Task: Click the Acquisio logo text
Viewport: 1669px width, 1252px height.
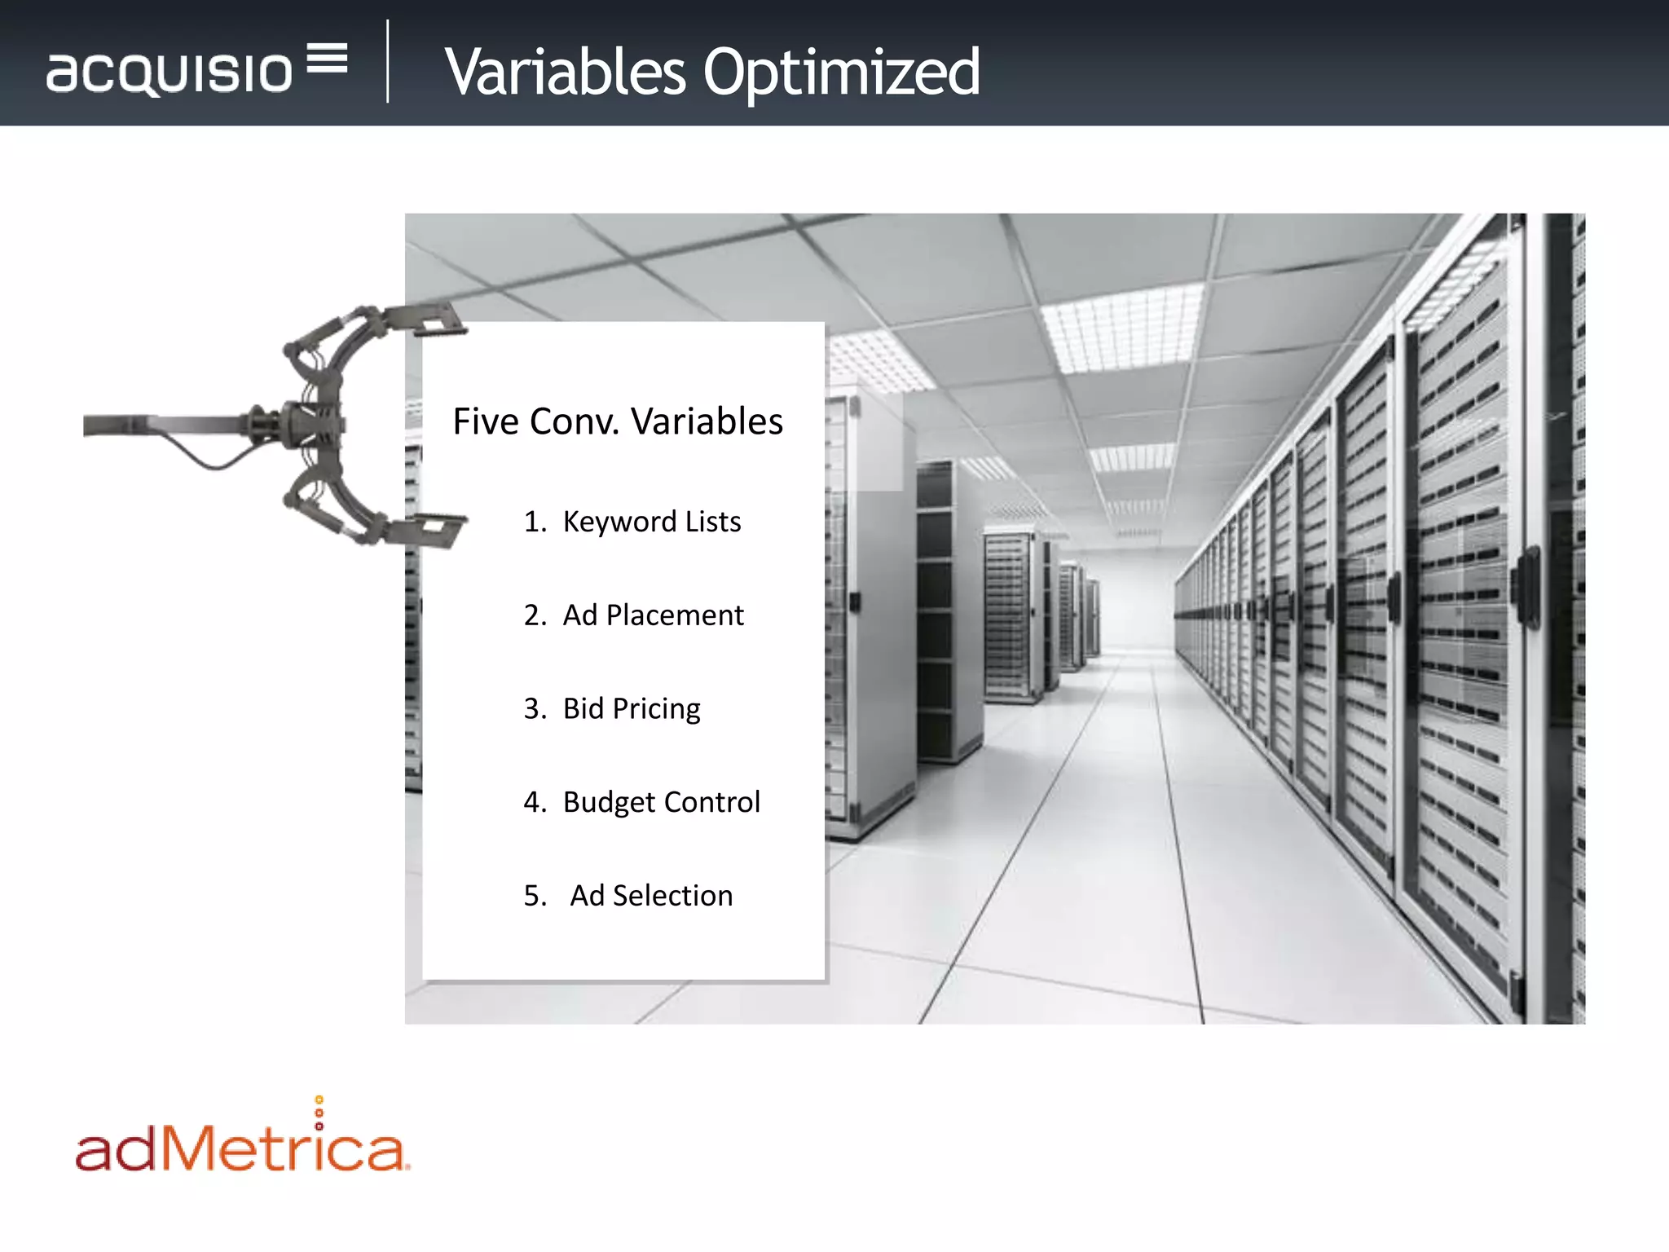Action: (169, 73)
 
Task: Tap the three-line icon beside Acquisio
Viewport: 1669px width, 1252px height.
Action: (328, 58)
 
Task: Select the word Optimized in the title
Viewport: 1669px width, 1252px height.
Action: (841, 73)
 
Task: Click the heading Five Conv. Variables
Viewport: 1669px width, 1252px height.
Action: (618, 422)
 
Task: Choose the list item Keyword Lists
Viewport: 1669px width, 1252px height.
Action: (652, 522)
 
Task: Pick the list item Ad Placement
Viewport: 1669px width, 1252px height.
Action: (653, 615)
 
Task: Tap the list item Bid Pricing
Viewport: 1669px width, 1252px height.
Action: (632, 709)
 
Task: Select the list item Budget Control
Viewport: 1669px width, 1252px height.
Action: (661, 802)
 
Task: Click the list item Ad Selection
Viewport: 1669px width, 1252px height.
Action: (651, 896)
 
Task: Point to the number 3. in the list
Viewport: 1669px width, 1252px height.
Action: (535, 709)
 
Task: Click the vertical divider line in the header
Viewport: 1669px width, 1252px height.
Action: (388, 62)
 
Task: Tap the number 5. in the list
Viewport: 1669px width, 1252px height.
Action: (535, 896)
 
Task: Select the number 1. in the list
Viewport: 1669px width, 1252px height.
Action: (535, 522)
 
